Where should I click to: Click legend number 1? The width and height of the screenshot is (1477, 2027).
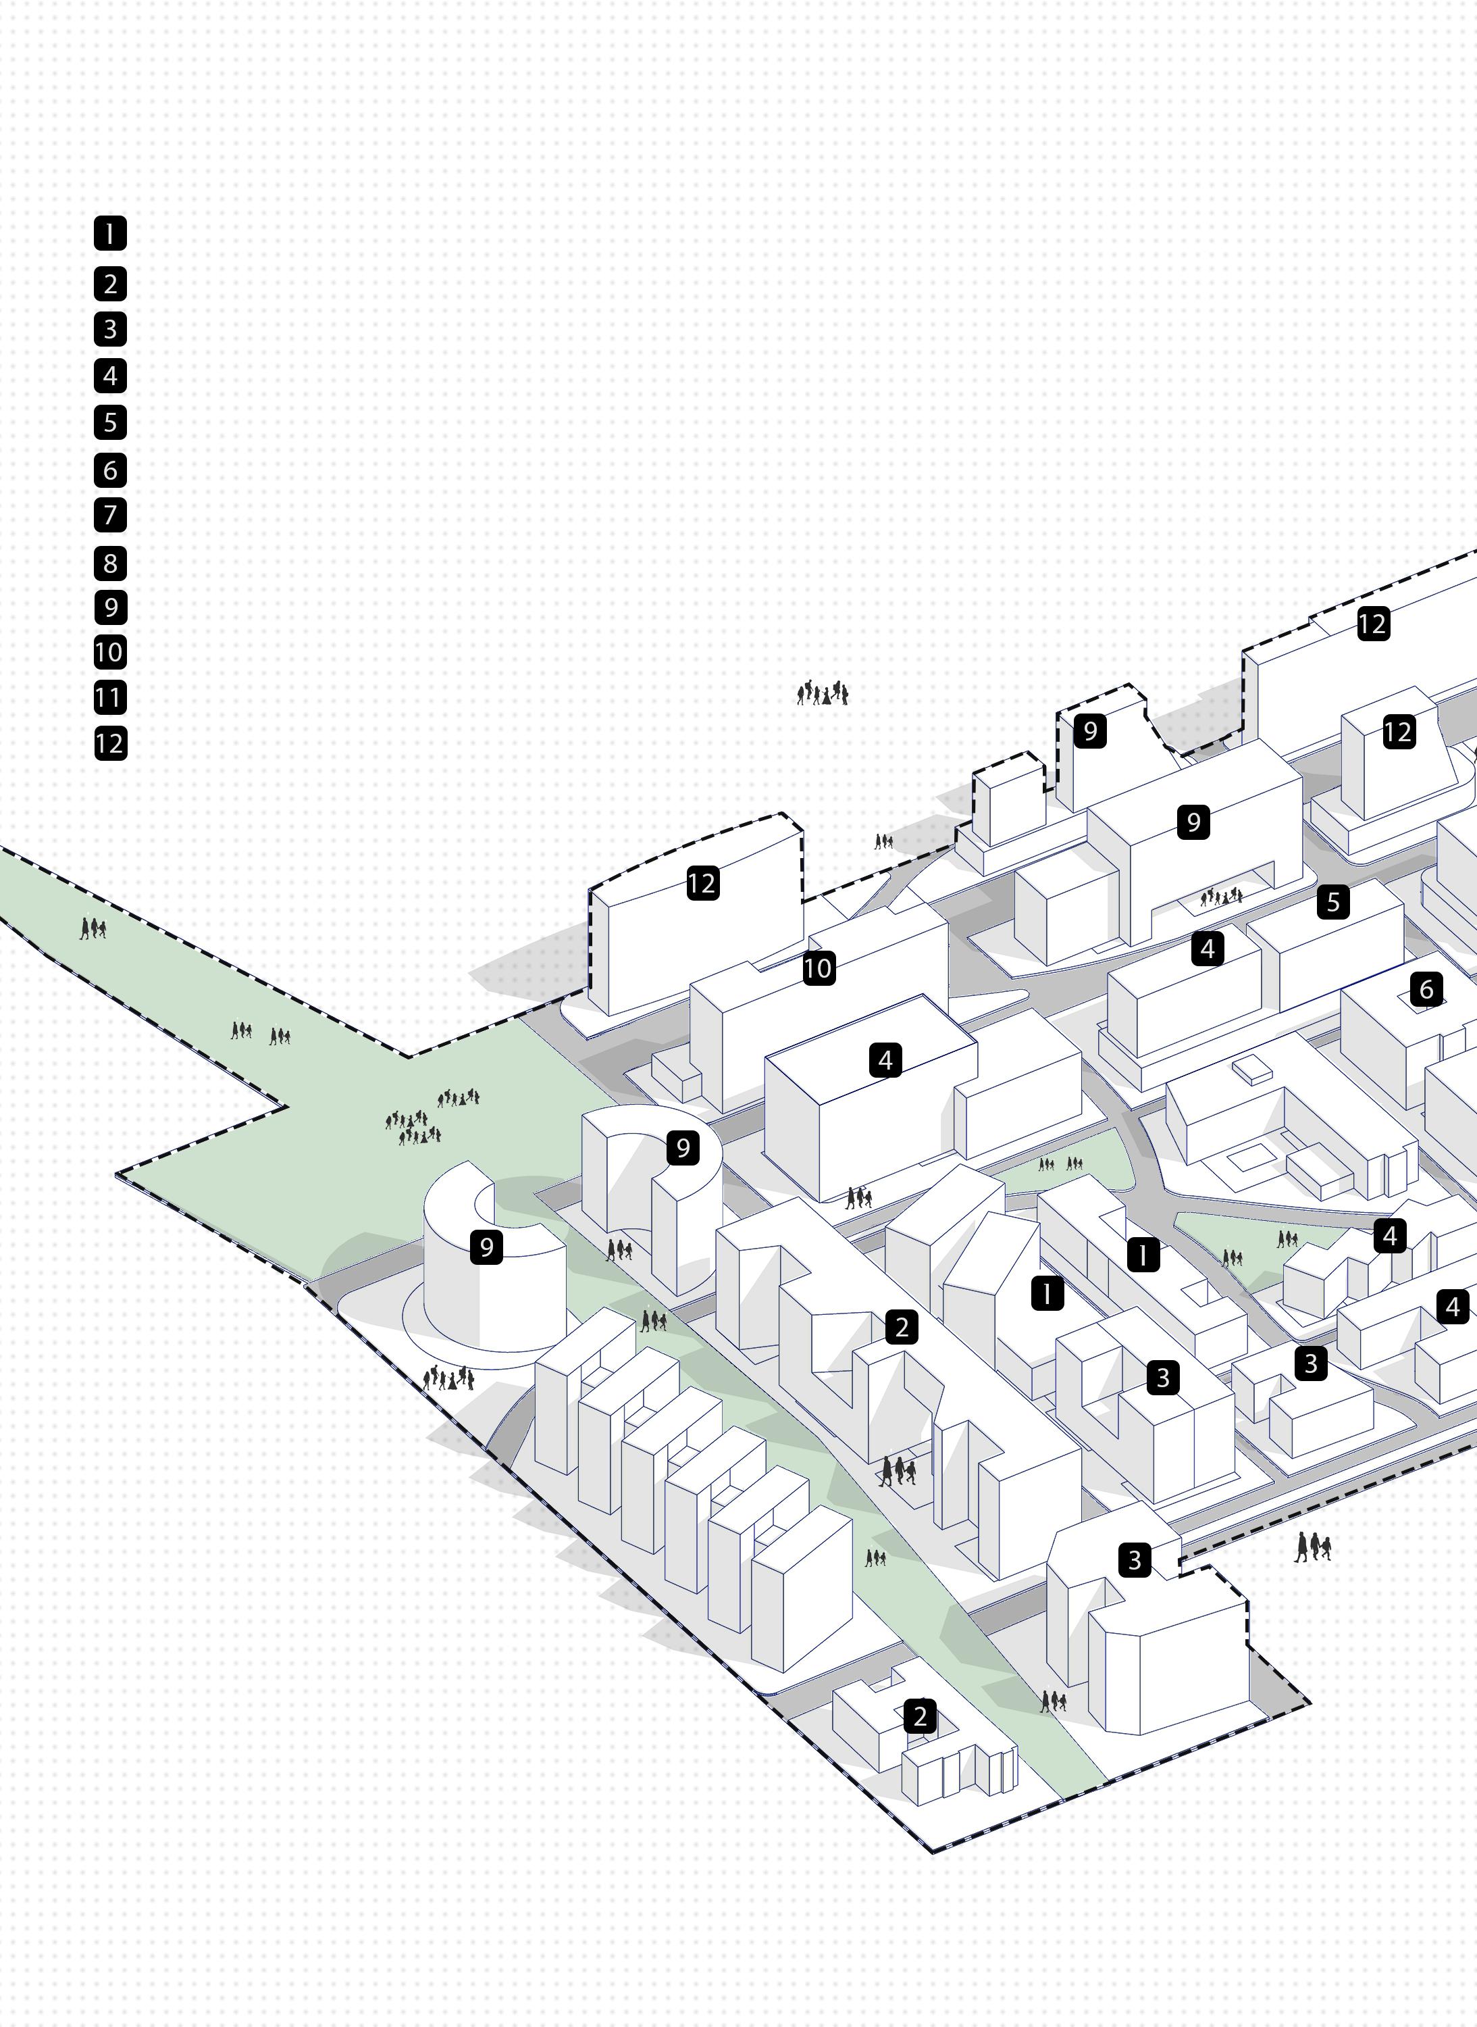click(x=110, y=234)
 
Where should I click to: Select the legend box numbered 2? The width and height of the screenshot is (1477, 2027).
click(x=110, y=284)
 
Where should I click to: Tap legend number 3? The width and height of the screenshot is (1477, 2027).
click(x=110, y=329)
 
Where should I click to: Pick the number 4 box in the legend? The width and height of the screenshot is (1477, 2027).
click(x=110, y=376)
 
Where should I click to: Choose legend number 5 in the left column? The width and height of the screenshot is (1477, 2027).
click(x=110, y=422)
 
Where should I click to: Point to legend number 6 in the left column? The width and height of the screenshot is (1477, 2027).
click(x=110, y=470)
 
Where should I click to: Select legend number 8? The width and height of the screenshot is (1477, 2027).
click(x=110, y=563)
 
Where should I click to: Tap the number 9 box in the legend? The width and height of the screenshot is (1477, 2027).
click(x=110, y=607)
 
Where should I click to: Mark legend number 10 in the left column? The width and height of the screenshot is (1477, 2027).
click(x=110, y=652)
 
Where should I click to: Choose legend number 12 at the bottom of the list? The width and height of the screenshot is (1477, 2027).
click(x=110, y=743)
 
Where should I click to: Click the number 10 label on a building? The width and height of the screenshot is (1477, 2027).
click(x=817, y=968)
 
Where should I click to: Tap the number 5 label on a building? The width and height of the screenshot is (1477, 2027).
click(x=1333, y=902)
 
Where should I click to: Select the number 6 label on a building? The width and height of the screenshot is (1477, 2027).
click(x=1426, y=989)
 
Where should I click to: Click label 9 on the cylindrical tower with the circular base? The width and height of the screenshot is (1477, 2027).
click(x=486, y=1247)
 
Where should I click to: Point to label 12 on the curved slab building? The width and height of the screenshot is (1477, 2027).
click(x=702, y=884)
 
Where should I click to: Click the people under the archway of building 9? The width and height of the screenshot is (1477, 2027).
click(x=1220, y=895)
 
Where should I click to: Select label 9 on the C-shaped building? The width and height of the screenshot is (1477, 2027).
click(x=683, y=1148)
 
